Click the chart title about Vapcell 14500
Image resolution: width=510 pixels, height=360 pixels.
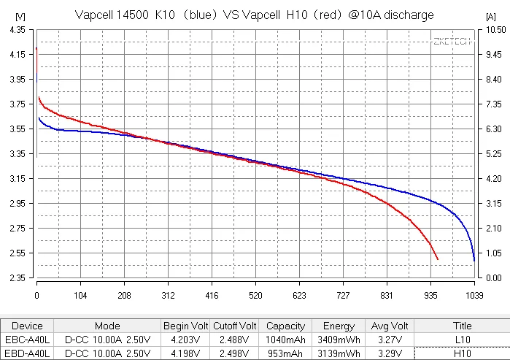click(255, 15)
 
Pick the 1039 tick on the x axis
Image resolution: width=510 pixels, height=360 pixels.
click(474, 296)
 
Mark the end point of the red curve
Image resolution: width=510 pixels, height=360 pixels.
click(438, 259)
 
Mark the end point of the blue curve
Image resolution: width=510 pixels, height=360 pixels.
click(474, 260)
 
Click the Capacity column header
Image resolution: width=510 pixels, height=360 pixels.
click(286, 326)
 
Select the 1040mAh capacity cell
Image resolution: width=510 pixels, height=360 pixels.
click(286, 340)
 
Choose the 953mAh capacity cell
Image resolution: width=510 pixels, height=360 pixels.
click(286, 353)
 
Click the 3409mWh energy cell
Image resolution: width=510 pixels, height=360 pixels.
click(339, 340)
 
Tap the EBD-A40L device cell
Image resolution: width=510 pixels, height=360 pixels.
click(28, 353)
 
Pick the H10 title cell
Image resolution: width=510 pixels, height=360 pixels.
click(462, 353)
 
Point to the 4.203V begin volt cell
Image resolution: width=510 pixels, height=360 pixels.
click(186, 340)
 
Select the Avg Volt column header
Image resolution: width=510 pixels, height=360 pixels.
click(389, 326)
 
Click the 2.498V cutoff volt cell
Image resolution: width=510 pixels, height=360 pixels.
click(235, 353)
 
